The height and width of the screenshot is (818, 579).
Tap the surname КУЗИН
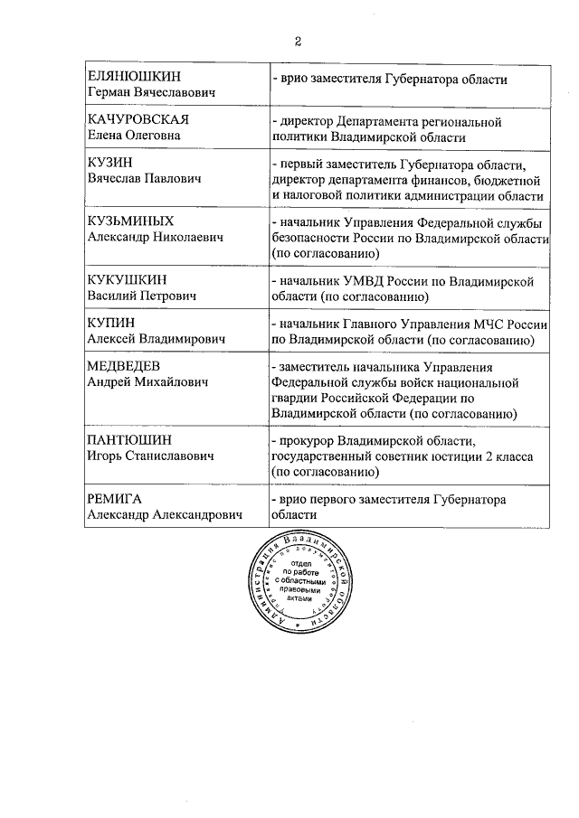pyautogui.click(x=110, y=163)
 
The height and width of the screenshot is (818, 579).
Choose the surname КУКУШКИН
pyautogui.click(x=128, y=280)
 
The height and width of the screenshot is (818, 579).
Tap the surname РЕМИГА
pyautogui.click(x=115, y=499)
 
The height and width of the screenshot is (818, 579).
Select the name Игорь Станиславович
pyautogui.click(x=150, y=456)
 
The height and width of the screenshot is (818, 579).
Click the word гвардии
pyautogui.click(x=294, y=398)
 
